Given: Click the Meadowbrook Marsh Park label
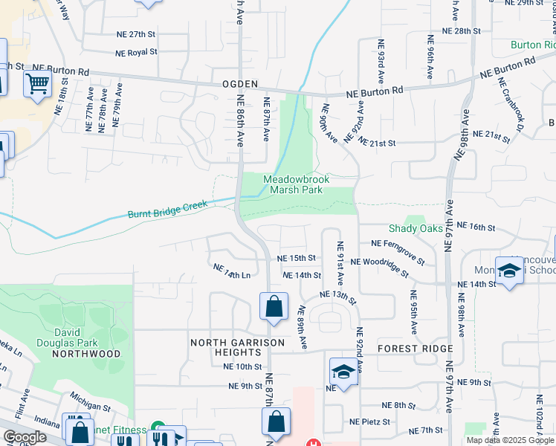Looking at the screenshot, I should [296, 184].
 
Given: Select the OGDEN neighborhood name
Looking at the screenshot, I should [239, 85].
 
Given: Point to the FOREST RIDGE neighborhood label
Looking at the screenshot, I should [415, 349].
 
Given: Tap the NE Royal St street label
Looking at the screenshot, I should [136, 53].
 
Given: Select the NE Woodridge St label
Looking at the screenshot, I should [379, 268].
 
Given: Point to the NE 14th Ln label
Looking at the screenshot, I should [231, 271].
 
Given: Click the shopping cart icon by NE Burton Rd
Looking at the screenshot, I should [37, 84].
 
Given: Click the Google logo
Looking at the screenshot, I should [25, 437].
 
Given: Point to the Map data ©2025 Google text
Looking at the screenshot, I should [511, 440].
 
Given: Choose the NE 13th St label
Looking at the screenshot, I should [338, 298].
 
